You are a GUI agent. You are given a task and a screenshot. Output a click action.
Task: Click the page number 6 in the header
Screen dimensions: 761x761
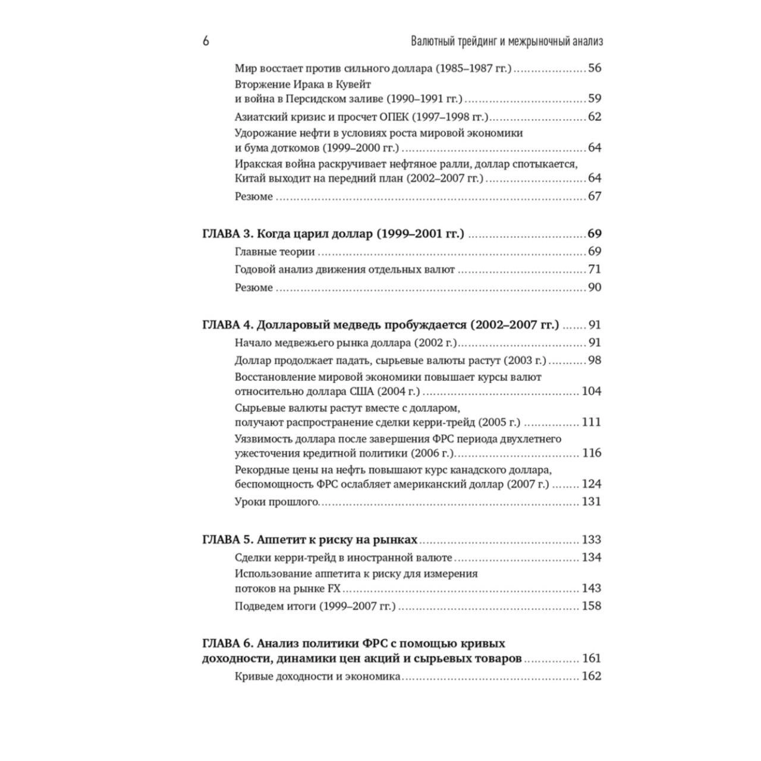(206, 41)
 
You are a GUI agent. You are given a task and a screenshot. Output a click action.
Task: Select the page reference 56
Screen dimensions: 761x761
(595, 68)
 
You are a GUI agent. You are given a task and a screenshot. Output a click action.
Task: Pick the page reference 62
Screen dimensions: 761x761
(595, 117)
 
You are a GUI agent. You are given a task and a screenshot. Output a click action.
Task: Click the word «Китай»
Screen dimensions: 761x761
(250, 178)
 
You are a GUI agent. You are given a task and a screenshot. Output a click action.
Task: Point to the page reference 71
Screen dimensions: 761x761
(595, 270)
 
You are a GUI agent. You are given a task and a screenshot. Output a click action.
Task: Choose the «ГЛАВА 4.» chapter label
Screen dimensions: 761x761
(228, 325)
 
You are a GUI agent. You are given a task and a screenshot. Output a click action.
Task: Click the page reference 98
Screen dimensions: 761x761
(595, 361)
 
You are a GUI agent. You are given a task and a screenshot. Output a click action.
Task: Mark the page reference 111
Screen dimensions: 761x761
(592, 422)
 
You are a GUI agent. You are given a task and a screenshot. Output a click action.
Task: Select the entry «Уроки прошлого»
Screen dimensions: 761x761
(276, 502)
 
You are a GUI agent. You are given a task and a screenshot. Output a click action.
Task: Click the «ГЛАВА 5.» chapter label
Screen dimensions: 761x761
(228, 540)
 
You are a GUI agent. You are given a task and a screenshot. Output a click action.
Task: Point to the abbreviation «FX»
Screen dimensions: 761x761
(334, 588)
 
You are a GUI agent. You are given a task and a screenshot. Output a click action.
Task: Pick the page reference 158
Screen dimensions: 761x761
(592, 606)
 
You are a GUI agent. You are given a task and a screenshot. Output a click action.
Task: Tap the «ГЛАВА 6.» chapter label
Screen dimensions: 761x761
(228, 643)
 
